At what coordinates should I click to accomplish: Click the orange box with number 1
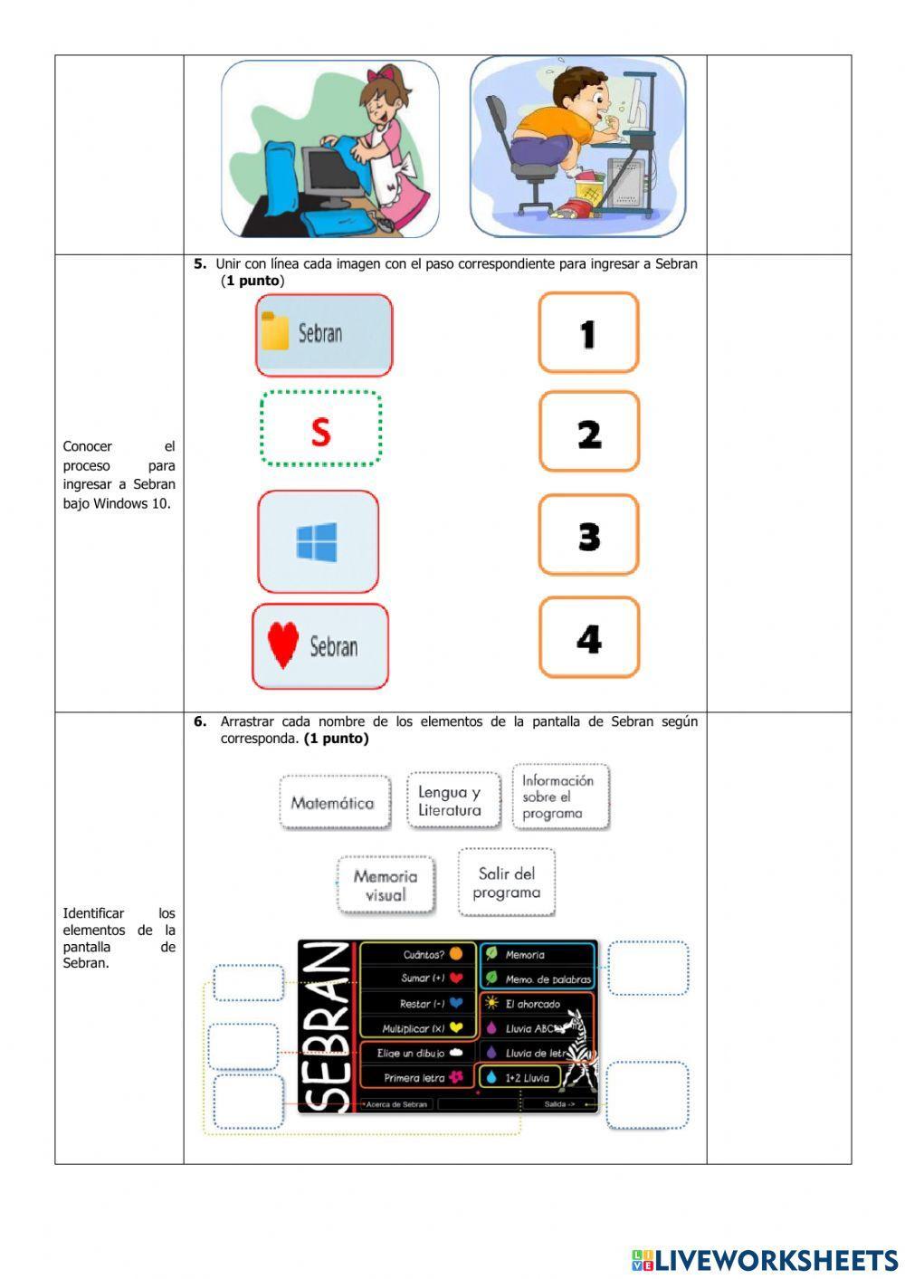tap(588, 333)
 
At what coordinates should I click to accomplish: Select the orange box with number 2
tap(589, 433)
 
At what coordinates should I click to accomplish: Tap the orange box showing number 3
tap(589, 535)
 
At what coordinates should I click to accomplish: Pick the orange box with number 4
tap(589, 638)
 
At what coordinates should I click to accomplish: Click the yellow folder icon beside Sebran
tap(274, 332)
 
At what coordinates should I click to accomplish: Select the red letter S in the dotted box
tap(320, 432)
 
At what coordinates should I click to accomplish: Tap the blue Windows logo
tap(317, 541)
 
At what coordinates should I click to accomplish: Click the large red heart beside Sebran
tap(283, 646)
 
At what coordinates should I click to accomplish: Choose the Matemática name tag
tap(333, 803)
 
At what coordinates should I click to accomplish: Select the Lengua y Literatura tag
tap(450, 801)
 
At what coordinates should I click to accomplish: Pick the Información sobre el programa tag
tap(559, 797)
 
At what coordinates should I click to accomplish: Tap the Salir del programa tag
tap(506, 883)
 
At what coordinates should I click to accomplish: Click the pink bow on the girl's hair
tap(388, 74)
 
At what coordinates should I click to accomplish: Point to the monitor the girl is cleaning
tap(329, 174)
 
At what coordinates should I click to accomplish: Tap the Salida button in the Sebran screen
tap(559, 1104)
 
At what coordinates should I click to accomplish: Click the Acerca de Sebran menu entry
tap(397, 1104)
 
